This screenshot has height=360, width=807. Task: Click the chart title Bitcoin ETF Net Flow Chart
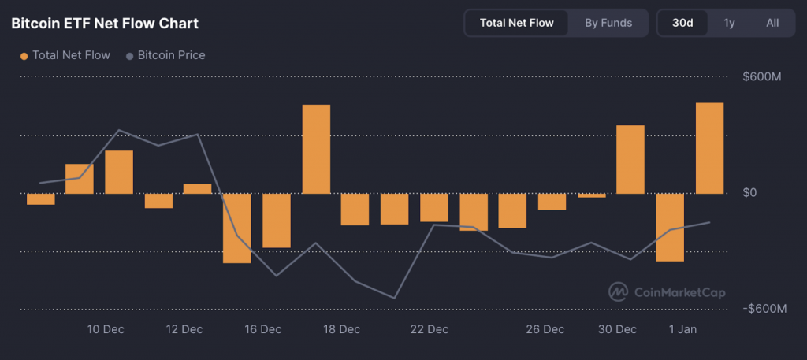click(105, 24)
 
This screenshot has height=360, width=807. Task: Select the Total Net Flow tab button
click(516, 23)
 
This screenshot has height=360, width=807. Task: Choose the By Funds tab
click(608, 23)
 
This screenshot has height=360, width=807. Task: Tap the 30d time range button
click(682, 23)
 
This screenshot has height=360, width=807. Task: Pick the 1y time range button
click(729, 23)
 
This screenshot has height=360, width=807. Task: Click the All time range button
click(772, 23)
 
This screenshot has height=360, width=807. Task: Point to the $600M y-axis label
click(761, 76)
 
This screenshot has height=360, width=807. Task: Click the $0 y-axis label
click(749, 193)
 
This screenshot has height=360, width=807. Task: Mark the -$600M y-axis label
click(764, 309)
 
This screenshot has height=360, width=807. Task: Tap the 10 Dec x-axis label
click(106, 328)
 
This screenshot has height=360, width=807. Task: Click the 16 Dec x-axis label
click(263, 328)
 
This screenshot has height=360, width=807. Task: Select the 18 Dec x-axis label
click(342, 328)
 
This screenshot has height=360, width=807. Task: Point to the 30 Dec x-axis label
click(617, 328)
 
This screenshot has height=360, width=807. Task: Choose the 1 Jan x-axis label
click(682, 328)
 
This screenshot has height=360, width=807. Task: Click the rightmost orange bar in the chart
click(709, 148)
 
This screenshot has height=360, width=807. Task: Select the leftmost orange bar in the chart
click(41, 199)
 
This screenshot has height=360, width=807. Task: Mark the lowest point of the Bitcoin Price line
click(395, 298)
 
